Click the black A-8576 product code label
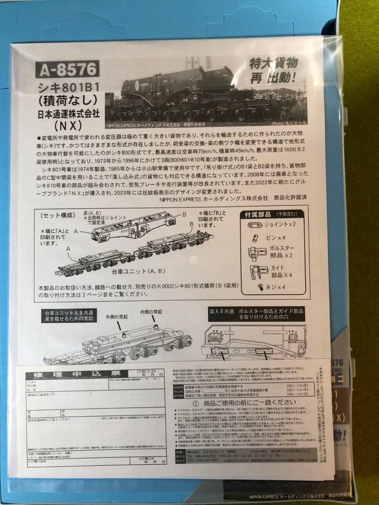tap(67, 69)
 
